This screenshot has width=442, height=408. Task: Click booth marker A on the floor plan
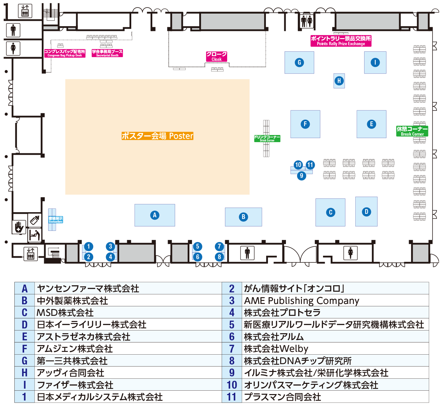pos(155,215)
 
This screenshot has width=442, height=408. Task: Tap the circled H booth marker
pos(339,81)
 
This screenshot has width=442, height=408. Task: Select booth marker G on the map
pos(299,62)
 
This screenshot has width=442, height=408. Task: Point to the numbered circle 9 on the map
pos(301,176)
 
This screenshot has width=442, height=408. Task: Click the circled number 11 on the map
pos(310,165)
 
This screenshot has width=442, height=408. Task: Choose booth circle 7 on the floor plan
pos(219,247)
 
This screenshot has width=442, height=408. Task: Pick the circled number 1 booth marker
pos(88,247)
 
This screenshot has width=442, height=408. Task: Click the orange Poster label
pos(157,136)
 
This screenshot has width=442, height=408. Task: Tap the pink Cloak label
pos(217,56)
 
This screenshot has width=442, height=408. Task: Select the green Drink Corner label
pos(267,138)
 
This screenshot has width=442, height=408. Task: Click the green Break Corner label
pos(412,131)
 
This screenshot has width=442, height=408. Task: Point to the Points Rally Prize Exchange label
pos(341,41)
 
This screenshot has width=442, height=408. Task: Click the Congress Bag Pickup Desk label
pos(65,53)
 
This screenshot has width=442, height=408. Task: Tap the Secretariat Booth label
pos(107,53)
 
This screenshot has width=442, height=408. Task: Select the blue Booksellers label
pos(56,220)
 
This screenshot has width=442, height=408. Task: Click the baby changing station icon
pos(34,235)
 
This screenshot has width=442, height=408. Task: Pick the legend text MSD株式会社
pos(65,313)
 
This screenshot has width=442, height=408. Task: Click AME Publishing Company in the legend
pos(302,301)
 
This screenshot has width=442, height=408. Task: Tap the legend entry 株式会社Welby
pos(276,349)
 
